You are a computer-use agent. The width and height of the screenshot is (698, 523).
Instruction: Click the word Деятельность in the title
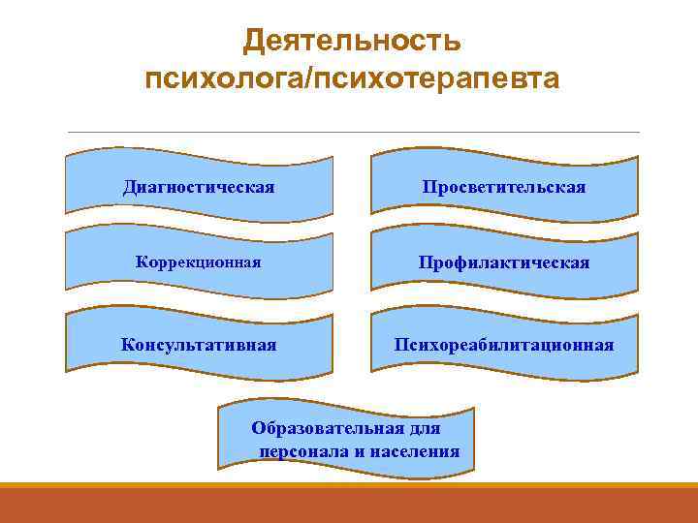pyautogui.click(x=351, y=41)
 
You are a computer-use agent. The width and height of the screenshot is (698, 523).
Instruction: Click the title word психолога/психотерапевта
pyautogui.click(x=351, y=78)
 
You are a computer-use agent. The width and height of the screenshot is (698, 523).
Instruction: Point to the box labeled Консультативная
pyautogui.click(x=199, y=345)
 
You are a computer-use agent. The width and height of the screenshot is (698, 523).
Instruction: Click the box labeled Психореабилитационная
pyautogui.click(x=504, y=345)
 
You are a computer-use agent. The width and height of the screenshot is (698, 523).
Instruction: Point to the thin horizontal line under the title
pyautogui.click(x=351, y=132)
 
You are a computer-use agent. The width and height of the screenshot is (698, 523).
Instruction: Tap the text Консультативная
pyautogui.click(x=199, y=345)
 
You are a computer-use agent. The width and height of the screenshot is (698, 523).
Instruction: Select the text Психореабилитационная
pyautogui.click(x=504, y=345)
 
